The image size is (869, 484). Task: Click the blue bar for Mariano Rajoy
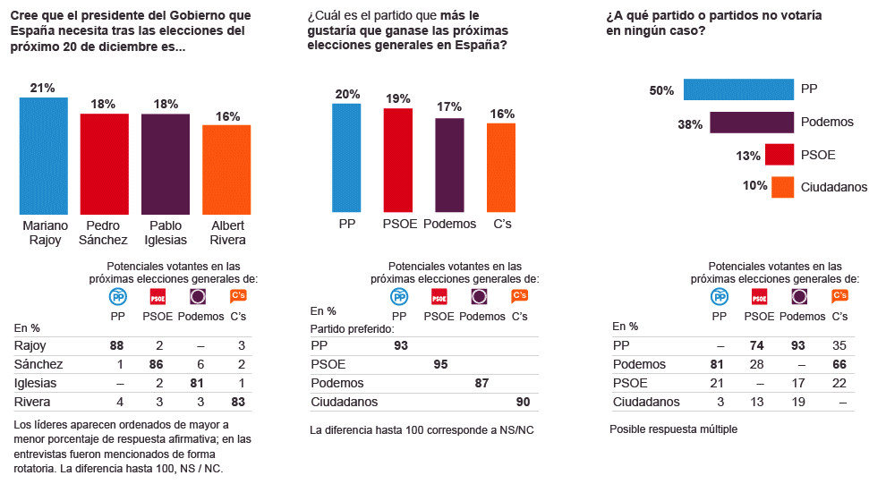pyautogui.click(x=44, y=155)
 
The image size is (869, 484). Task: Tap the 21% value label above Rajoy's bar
pyautogui.click(x=43, y=88)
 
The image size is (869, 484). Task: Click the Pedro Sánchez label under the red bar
pyautogui.click(x=105, y=233)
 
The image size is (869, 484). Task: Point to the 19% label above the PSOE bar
pyautogui.click(x=397, y=98)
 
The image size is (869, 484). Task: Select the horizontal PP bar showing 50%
pyautogui.click(x=738, y=89)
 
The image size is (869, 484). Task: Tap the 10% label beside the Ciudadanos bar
pyautogui.click(x=754, y=186)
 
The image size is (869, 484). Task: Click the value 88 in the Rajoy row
pyautogui.click(x=115, y=345)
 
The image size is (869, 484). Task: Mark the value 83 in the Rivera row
pyautogui.click(x=236, y=402)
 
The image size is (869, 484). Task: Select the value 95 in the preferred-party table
pyautogui.click(x=440, y=364)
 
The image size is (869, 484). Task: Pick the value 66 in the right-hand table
pyautogui.click(x=839, y=364)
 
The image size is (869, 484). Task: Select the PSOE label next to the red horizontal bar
pyautogui.click(x=818, y=155)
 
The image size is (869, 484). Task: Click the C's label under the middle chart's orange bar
pyautogui.click(x=502, y=224)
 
